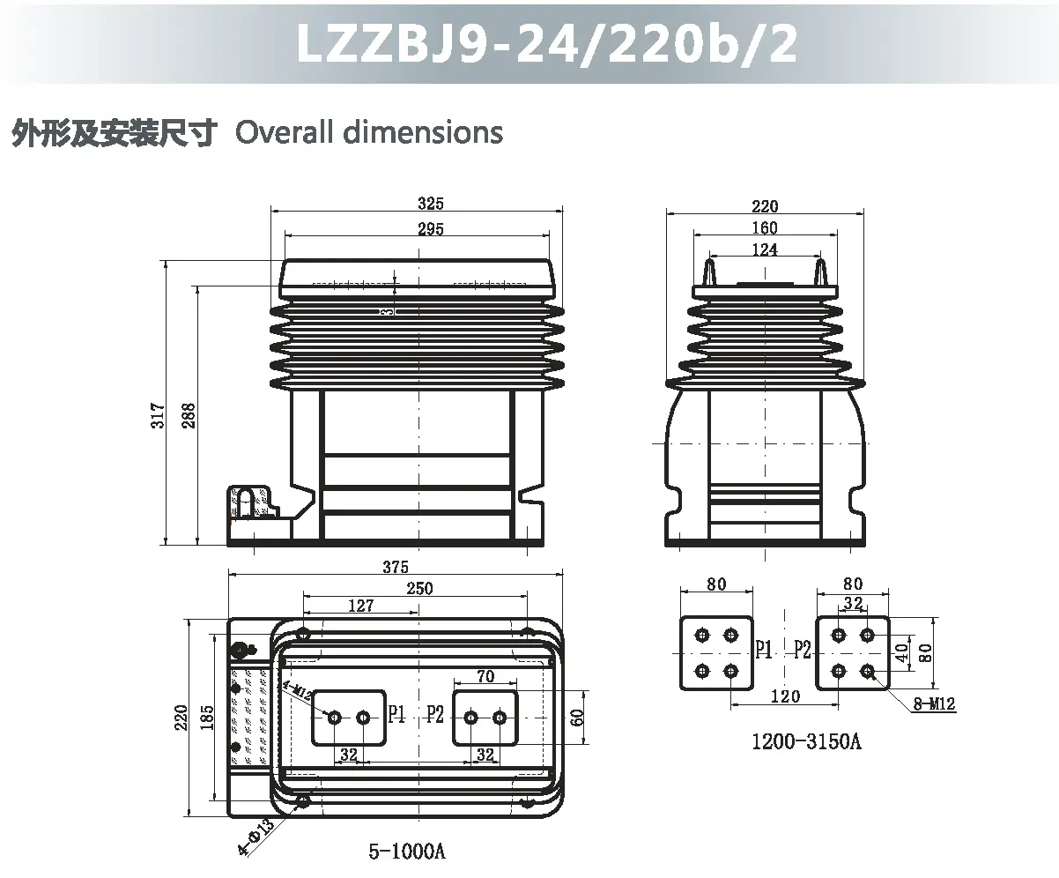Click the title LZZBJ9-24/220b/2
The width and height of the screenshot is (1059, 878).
(x=547, y=42)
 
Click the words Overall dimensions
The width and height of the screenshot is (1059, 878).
(x=369, y=132)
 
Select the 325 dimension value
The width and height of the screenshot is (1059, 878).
(x=431, y=204)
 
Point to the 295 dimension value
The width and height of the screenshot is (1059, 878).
(x=431, y=229)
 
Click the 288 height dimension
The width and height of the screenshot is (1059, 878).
(x=188, y=415)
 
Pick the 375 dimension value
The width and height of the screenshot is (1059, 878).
(x=396, y=567)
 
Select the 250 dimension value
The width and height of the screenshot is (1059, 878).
(x=419, y=588)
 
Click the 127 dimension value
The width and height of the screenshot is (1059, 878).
(x=361, y=606)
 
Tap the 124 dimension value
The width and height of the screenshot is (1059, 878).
(x=765, y=249)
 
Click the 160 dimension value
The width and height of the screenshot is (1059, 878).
(x=765, y=228)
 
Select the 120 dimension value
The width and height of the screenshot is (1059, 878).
(x=785, y=696)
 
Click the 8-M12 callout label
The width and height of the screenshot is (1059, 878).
(x=935, y=703)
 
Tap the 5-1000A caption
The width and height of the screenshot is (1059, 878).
(x=407, y=852)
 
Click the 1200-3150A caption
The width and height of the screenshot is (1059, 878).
(x=805, y=741)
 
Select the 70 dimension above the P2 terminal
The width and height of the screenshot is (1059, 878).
(x=485, y=677)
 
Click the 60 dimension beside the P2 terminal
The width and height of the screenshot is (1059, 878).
(x=577, y=717)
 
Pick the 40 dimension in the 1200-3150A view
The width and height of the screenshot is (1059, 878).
(x=900, y=653)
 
